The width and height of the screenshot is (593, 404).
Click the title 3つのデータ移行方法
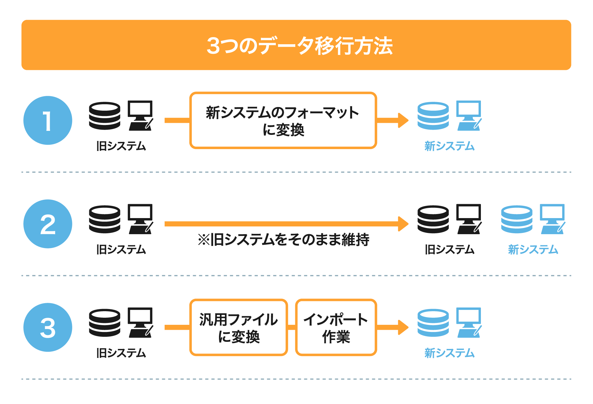299,45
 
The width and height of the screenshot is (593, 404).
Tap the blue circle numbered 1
48,120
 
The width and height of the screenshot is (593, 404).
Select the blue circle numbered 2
48,224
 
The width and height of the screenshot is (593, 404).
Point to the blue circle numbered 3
48,327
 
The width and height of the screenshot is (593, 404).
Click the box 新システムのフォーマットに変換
283,120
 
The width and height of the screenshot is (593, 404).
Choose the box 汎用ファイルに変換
239,327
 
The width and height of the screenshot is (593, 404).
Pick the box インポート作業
336,327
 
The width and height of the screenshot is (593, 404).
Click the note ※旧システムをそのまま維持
284,240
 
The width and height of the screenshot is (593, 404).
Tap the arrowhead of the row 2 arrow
403,224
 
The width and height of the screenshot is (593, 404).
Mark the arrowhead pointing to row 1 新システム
403,120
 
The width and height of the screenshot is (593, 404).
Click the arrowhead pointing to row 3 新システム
403,327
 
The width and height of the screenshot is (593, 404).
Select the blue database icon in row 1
433,116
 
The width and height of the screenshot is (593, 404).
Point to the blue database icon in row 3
433,323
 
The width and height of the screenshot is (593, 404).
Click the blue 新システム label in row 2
533,249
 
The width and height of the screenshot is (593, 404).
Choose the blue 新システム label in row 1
449,146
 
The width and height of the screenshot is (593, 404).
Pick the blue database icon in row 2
517,219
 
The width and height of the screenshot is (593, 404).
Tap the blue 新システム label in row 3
449,353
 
